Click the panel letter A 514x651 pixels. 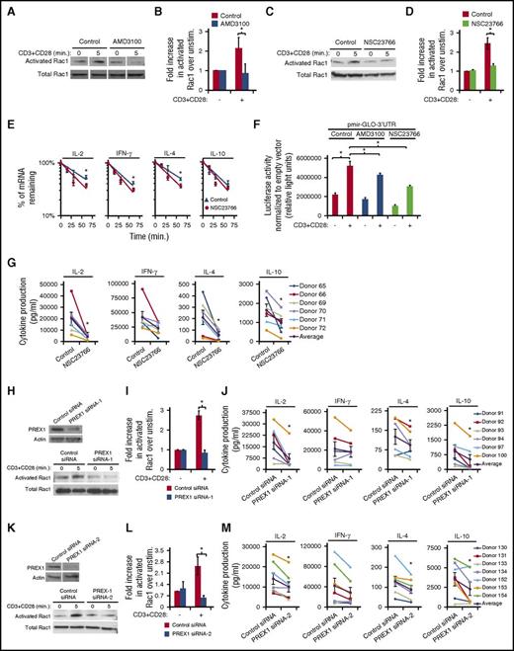[7, 7]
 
